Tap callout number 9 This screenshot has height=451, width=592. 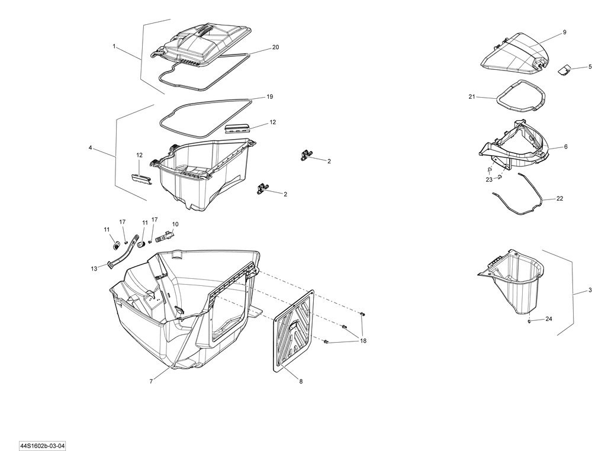[564, 32]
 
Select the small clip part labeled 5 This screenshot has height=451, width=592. [564, 70]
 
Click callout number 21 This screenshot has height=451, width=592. [472, 96]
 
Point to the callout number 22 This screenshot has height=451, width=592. [560, 199]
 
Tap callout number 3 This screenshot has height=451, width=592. [590, 291]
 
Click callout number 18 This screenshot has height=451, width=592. [363, 341]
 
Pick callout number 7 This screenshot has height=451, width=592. [151, 382]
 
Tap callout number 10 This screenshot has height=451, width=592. [175, 224]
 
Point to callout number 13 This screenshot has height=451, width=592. [94, 269]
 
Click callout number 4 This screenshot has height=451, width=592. [90, 148]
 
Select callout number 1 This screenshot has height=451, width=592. [114, 45]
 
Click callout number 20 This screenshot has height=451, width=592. [275, 47]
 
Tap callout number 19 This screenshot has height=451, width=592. [269, 96]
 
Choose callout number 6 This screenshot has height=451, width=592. [565, 147]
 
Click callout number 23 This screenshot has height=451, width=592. [489, 180]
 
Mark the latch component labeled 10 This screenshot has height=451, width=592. [163, 236]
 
